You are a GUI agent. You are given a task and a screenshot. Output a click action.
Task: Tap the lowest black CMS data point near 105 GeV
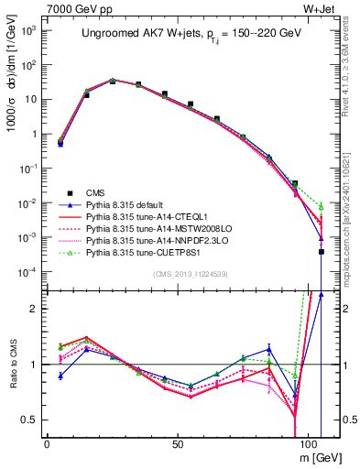[x=322, y=251]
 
